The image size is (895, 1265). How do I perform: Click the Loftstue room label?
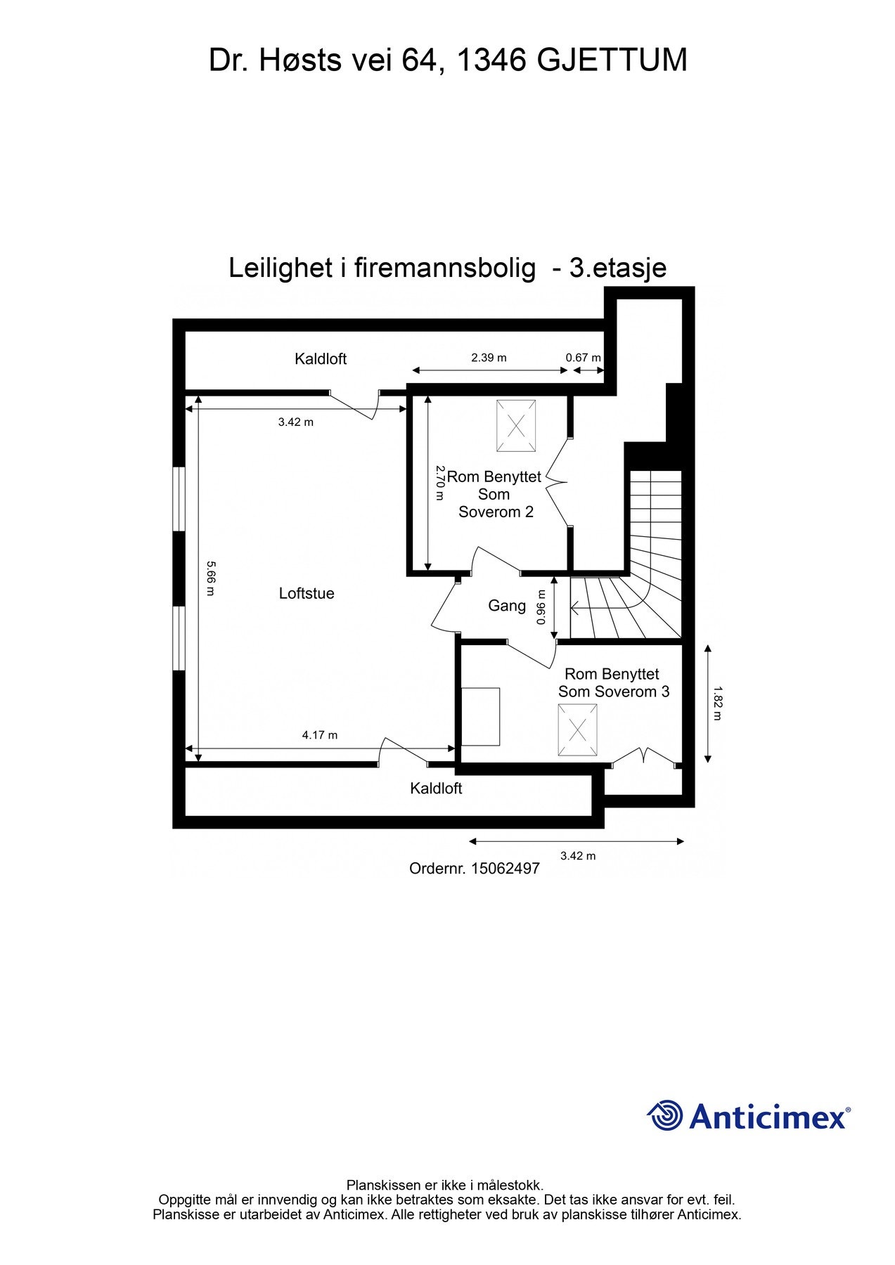pos(307,593)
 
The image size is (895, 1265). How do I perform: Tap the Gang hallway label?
pos(507,606)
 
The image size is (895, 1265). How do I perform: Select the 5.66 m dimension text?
pos(210,578)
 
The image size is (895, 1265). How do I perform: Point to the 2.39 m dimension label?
pos(489,358)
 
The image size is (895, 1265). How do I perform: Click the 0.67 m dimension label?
pos(584,358)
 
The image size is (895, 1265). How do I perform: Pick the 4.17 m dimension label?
pos(320,735)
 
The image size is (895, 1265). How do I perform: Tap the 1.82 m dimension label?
pos(716,703)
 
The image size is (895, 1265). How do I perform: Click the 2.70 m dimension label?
pos(439,482)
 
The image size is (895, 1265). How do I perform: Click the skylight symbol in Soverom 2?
pos(515,426)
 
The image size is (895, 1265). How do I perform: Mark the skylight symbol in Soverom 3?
pos(577,731)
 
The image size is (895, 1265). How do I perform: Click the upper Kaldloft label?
pos(321,359)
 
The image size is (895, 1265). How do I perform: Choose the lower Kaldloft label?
pos(436,789)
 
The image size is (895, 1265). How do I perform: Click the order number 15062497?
pos(505,869)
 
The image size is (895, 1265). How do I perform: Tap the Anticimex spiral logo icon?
pos(664,1115)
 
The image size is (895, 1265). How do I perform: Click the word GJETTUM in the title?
pos(612,60)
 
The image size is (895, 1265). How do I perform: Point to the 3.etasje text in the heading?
pos(617,268)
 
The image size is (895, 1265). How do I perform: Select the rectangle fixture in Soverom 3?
pos(480,717)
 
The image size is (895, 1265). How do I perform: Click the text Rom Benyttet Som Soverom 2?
pos(494,494)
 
